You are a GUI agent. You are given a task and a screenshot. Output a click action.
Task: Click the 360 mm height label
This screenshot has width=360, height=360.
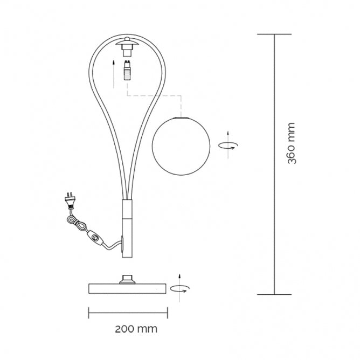click(291, 143)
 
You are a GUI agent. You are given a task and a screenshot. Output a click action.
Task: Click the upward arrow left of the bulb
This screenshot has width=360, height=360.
click(114, 74)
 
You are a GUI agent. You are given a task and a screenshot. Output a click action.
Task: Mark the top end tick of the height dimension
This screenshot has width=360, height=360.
click(274, 34)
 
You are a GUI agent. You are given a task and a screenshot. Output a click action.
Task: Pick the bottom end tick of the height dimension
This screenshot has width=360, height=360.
click(274, 294)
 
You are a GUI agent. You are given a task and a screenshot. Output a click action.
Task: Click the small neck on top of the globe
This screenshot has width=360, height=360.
click(181, 115)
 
